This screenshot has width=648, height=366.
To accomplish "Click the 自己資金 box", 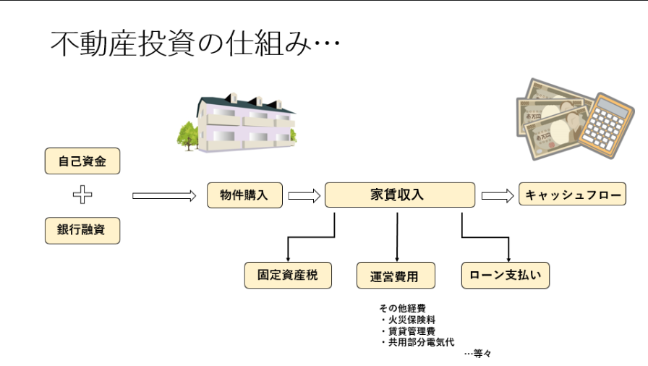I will coord(81,161).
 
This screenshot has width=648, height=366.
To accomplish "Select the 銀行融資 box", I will coord(81,231).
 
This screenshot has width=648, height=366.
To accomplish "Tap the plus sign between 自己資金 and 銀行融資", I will coord(81,195).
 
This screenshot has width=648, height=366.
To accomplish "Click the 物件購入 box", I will coord(244,195).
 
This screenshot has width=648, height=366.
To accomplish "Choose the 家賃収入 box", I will coord(400,195).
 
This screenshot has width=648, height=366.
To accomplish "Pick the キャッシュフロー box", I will coord(572,195).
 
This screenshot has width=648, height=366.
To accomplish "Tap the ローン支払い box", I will coord(506,275).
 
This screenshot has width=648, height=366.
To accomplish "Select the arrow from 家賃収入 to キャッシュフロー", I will coord(498,195).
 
